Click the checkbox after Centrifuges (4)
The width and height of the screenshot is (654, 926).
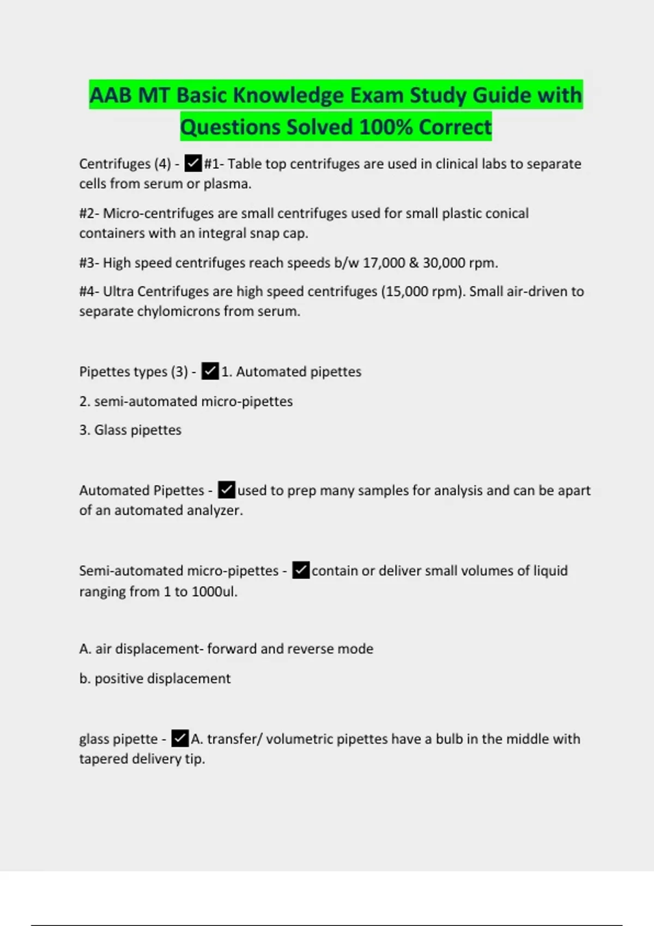[193, 163]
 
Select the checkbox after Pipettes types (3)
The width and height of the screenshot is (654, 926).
[210, 371]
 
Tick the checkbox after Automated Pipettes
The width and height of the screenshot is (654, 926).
[226, 490]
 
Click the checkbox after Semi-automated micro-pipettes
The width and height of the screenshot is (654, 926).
[301, 570]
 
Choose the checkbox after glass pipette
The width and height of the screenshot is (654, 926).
[180, 739]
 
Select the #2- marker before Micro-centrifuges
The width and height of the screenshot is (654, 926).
[89, 213]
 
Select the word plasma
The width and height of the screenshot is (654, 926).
[227, 184]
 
